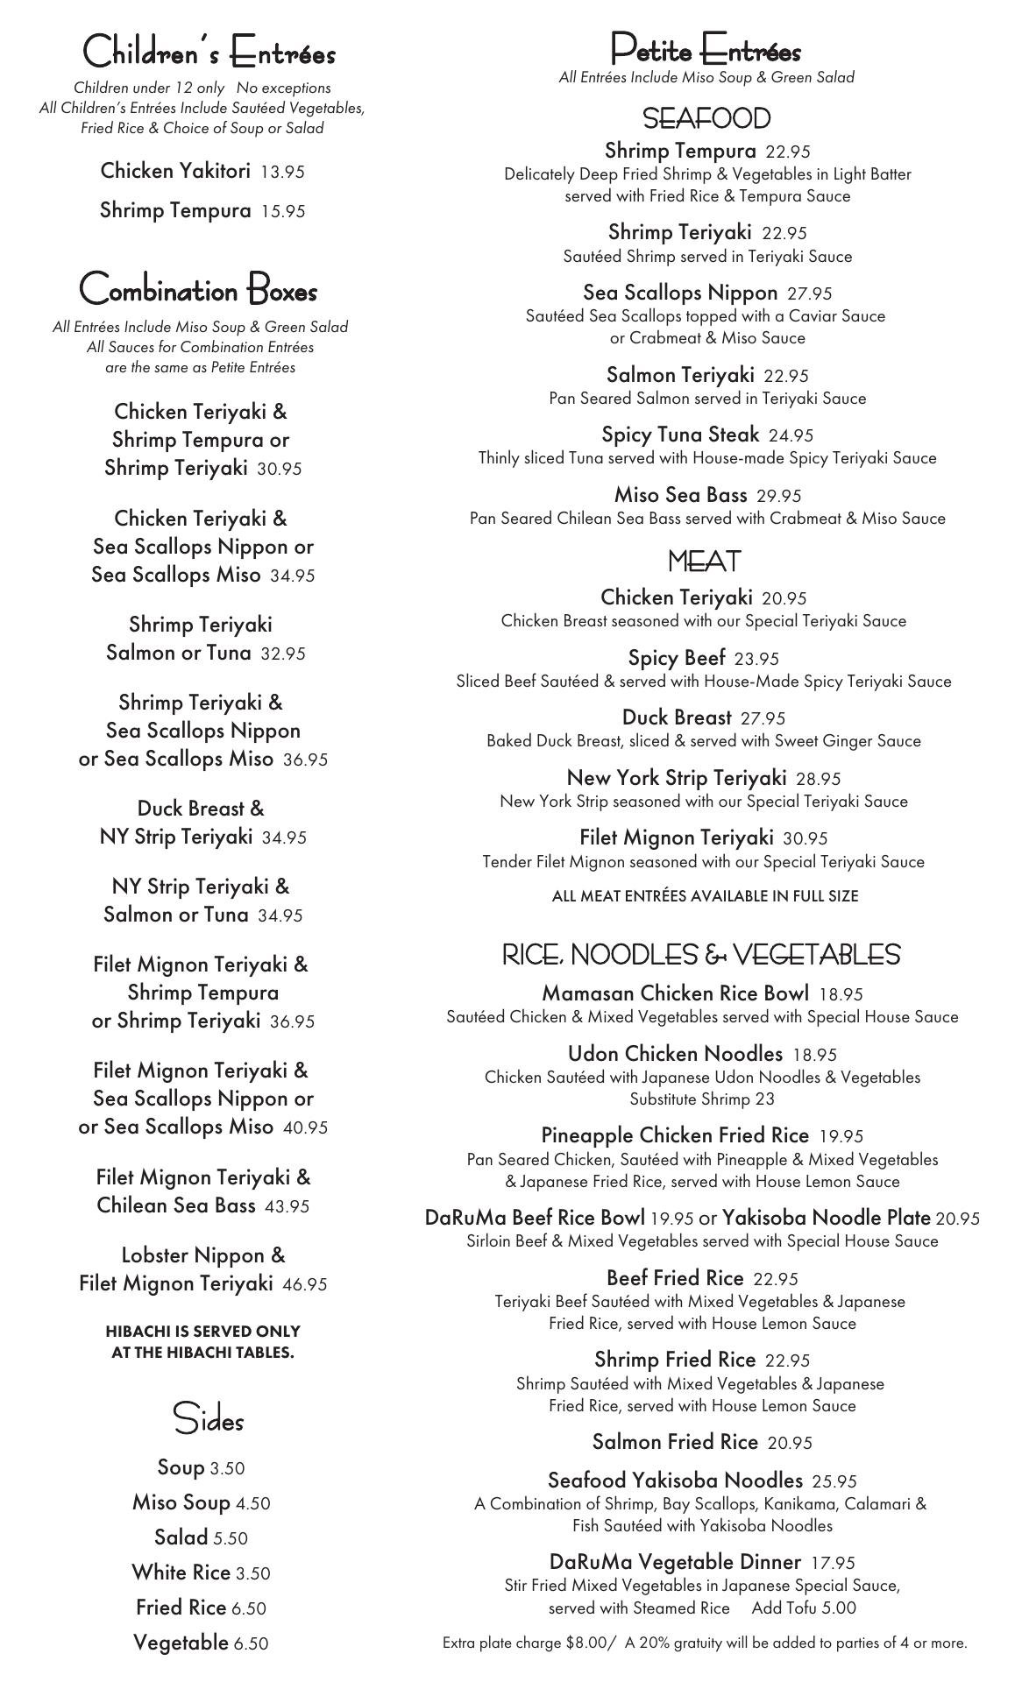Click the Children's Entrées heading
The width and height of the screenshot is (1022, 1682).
coord(209,53)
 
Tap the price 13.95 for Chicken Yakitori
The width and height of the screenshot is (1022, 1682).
coord(282,173)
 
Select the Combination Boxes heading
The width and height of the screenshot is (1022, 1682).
coord(198,289)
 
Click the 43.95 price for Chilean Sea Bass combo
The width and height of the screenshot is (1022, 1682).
coord(287,1207)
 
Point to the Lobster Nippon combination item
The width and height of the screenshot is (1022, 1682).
coord(202,1255)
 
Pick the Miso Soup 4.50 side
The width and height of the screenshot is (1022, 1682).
coord(201,1503)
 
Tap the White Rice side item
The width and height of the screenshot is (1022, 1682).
coord(181,1573)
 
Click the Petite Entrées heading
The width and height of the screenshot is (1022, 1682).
coord(706,50)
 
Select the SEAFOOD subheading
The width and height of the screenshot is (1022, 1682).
coord(706,118)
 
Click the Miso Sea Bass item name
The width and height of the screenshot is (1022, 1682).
coord(680,495)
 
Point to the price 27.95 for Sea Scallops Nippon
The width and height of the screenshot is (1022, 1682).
coord(809,294)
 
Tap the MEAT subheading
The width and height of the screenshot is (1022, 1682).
coord(704,561)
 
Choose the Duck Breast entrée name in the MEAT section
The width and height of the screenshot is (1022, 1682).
coord(676,717)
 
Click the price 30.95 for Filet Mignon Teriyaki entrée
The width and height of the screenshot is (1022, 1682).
coord(805,839)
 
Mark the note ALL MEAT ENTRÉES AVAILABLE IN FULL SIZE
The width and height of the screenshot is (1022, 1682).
coord(705,896)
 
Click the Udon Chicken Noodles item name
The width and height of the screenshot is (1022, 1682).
coord(675,1054)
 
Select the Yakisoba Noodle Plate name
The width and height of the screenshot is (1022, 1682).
coord(827,1218)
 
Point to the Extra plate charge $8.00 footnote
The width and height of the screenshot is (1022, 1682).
coord(530,1643)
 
